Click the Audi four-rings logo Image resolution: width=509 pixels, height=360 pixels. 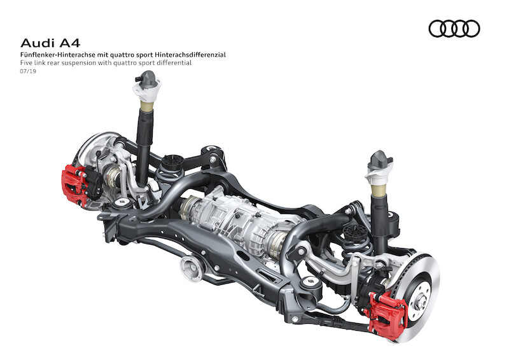tap(454, 29)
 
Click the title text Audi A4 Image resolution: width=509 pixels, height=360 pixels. tap(50, 43)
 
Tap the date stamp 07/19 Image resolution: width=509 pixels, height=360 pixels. tap(28, 71)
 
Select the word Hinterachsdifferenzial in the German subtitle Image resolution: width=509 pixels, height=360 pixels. tap(190, 55)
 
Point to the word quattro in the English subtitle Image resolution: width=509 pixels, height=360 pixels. tap(125, 63)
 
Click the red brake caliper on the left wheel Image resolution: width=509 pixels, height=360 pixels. tap(74, 184)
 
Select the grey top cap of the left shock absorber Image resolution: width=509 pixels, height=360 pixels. tap(148, 79)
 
